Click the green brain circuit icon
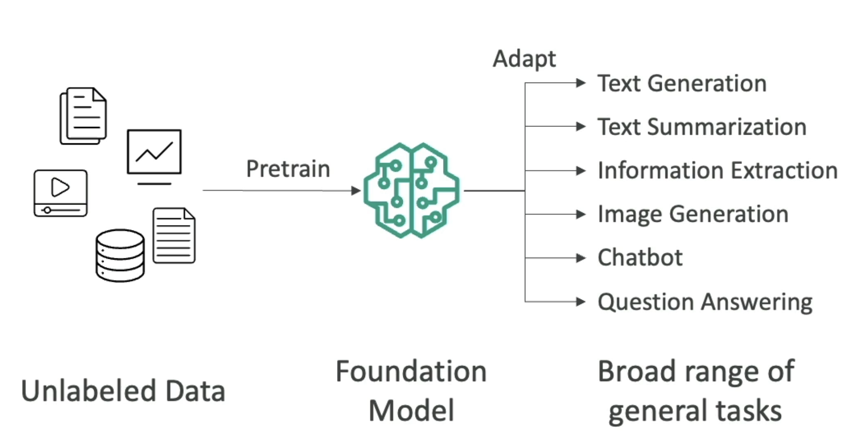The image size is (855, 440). (x=412, y=190)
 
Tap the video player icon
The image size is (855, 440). (x=60, y=193)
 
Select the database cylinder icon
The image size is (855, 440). (x=120, y=256)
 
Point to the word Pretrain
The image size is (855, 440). (x=288, y=169)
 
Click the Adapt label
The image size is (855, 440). (x=524, y=59)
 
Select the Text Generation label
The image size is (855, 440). (x=681, y=84)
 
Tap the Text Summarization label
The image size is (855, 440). (x=702, y=127)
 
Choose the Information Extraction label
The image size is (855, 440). (x=717, y=171)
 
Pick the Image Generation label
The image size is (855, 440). (x=692, y=214)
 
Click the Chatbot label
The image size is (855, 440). (x=640, y=258)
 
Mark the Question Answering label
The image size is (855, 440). (x=705, y=302)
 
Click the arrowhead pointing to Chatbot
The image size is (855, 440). (x=581, y=258)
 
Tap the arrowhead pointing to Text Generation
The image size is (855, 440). (x=581, y=83)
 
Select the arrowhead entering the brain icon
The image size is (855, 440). (x=356, y=191)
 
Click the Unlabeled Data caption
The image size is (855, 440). (x=123, y=391)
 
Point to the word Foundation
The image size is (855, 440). (x=411, y=372)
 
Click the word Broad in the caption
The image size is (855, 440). (x=636, y=372)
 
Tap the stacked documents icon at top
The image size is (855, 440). (x=83, y=115)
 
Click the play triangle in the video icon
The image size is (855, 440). (x=60, y=187)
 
